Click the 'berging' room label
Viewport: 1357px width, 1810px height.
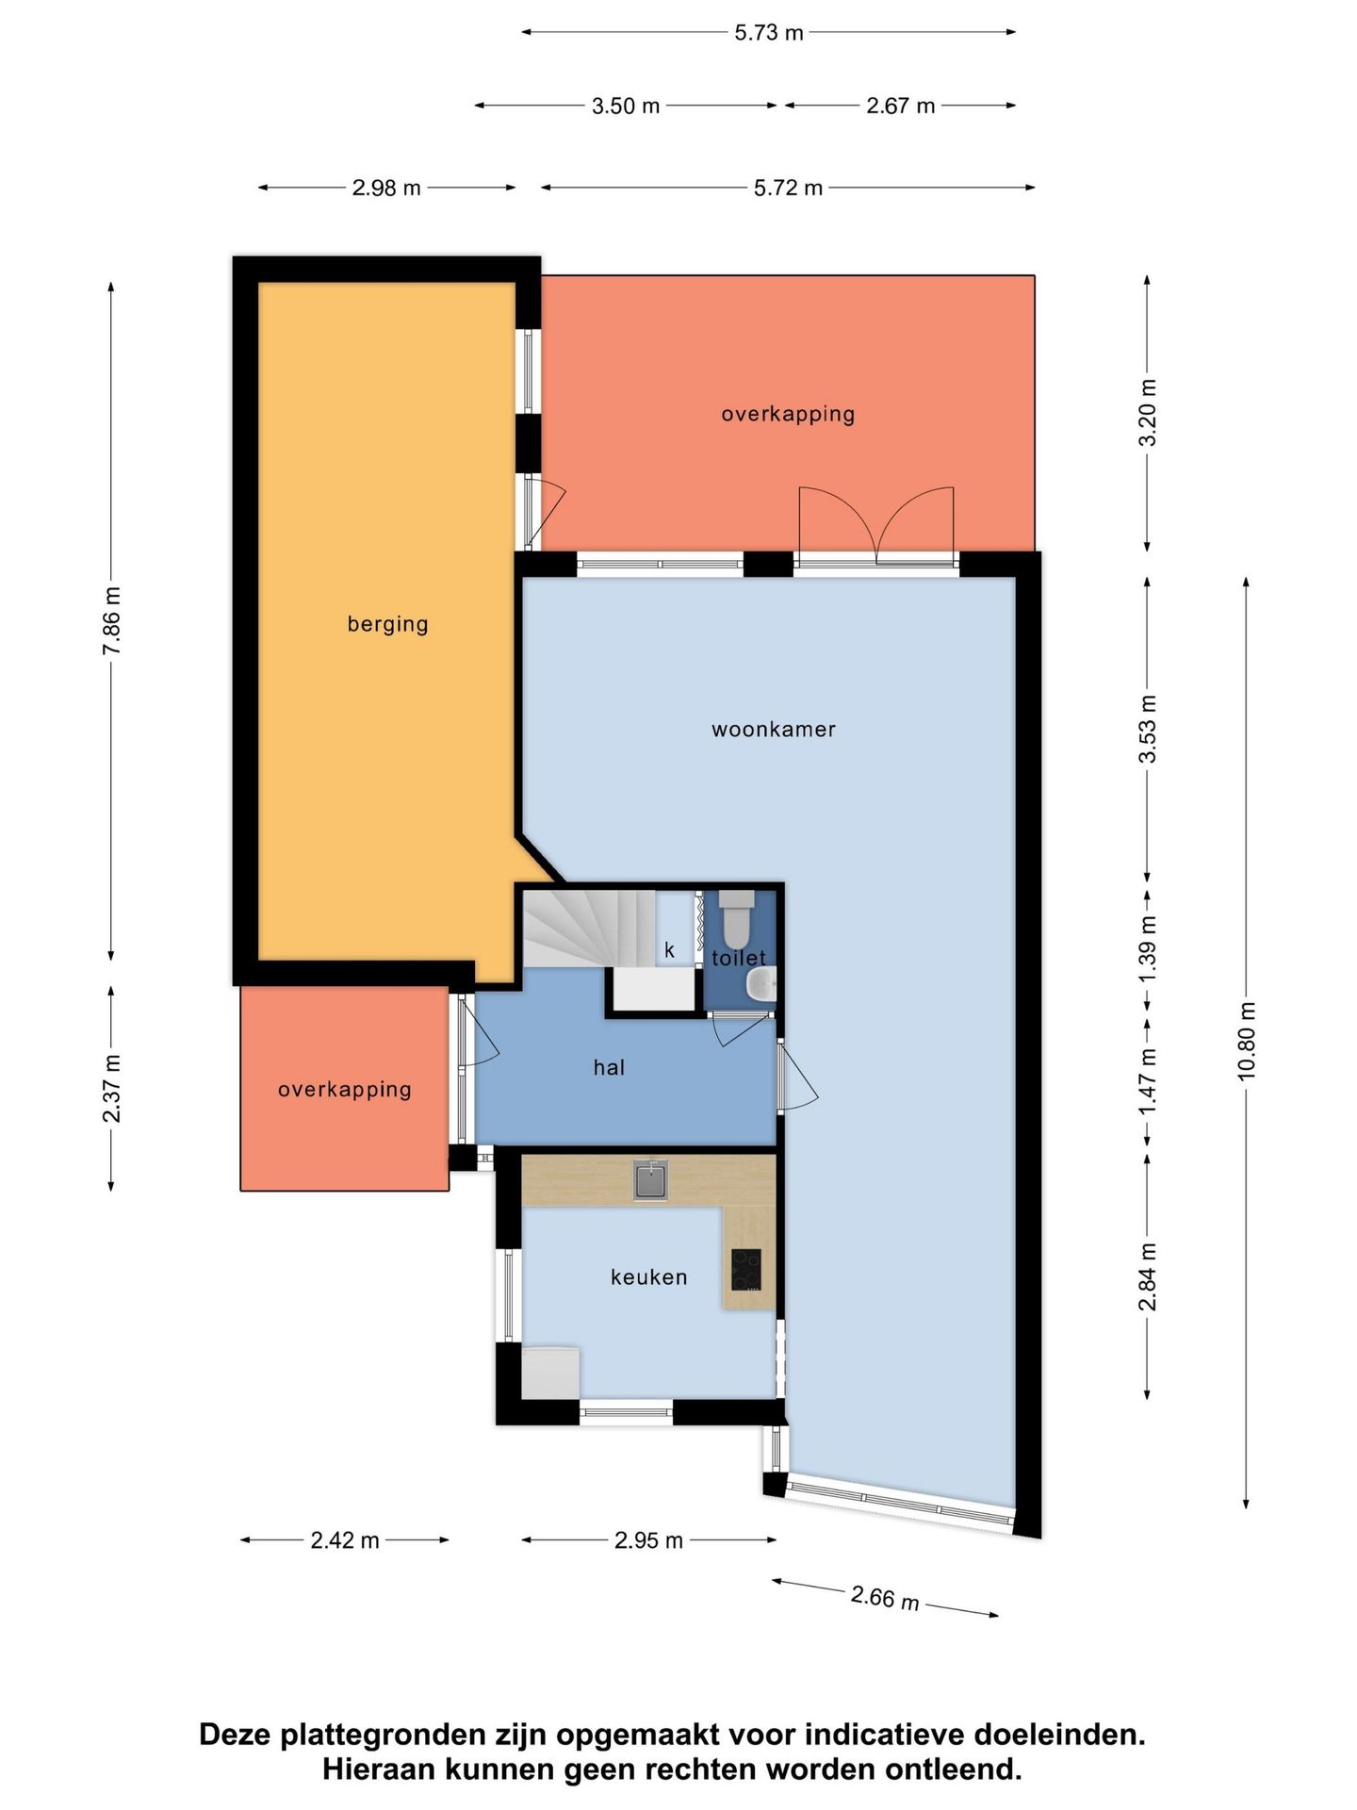(387, 624)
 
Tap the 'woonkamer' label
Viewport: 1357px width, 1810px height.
(774, 729)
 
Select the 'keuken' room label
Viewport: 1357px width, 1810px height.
(649, 1277)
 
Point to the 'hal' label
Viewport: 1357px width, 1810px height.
(609, 1067)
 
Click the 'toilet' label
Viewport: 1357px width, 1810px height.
(739, 958)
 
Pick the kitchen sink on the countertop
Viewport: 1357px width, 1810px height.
(650, 1179)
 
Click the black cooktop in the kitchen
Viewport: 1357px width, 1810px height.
(746, 1270)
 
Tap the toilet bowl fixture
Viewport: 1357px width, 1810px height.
(736, 919)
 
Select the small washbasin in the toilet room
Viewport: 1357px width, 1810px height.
(761, 986)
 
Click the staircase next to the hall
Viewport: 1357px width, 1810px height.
(590, 929)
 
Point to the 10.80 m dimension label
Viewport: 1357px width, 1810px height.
(1247, 1041)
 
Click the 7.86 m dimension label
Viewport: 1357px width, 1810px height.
(111, 620)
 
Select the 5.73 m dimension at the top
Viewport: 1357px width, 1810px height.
(769, 33)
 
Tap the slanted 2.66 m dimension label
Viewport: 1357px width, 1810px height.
(885, 1597)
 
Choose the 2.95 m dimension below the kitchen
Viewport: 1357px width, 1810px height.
(648, 1540)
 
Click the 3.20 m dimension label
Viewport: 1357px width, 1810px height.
(1148, 413)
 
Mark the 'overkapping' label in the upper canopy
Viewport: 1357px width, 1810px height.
(788, 414)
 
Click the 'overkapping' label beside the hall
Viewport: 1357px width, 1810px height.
(345, 1090)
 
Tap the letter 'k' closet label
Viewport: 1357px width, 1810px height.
(669, 950)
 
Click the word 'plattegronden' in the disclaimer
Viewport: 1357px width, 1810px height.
(400, 1735)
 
